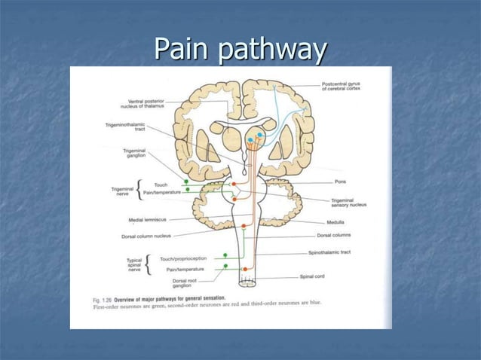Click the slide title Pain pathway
pos(240,50)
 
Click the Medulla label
pos(335,223)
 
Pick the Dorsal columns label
pos(335,235)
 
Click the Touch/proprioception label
pos(183,258)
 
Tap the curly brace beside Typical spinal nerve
pos(148,264)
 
